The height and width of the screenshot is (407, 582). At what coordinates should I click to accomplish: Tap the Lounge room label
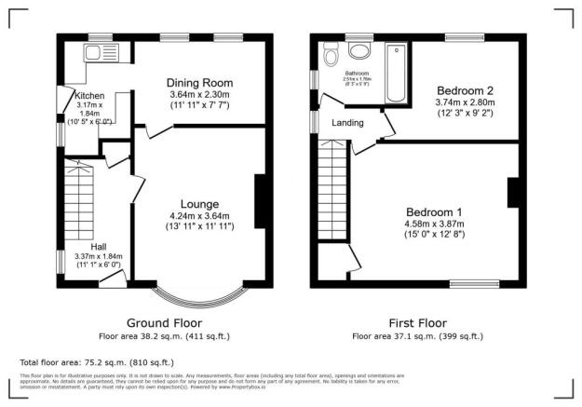pyautogui.click(x=200, y=204)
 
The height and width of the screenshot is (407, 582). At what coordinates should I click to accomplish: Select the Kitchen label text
pyautogui.click(x=89, y=95)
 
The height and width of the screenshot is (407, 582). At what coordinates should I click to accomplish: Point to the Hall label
pyautogui.click(x=97, y=247)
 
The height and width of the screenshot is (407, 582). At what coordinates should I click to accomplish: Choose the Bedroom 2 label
pyautogui.click(x=466, y=90)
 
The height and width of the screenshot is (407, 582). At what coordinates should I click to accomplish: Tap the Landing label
pyautogui.click(x=346, y=122)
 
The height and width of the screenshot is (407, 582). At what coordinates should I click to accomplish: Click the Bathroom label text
pyautogui.click(x=358, y=73)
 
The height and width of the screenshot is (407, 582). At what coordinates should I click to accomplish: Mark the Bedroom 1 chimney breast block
pyautogui.click(x=511, y=192)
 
